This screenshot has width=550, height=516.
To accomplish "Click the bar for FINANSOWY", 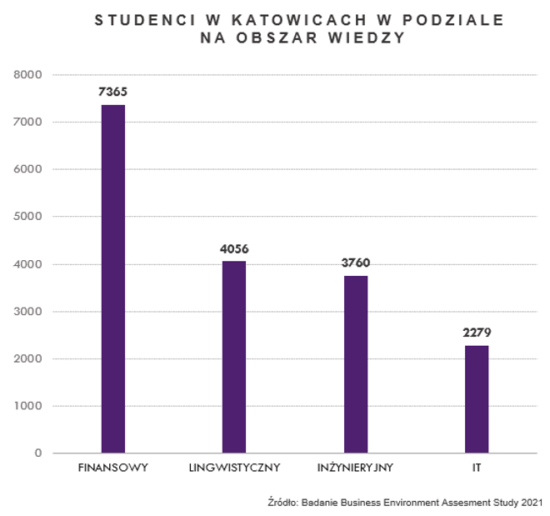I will (113, 279).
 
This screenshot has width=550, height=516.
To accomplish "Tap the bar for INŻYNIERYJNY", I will (356, 364).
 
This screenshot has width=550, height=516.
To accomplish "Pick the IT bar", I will (477, 399).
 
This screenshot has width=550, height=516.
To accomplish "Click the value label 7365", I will (113, 92).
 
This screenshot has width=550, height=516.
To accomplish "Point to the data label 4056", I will (234, 248).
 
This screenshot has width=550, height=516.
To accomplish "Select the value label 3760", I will (356, 263).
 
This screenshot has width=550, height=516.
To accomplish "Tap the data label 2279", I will (477, 333).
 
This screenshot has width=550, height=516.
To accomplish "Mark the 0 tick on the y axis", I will (38, 453).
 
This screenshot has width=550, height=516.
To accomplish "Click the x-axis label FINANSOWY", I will (113, 468).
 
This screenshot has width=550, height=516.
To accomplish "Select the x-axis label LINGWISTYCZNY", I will (234, 468).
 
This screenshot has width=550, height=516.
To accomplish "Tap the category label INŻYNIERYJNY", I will (356, 468).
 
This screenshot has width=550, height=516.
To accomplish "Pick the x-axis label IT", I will (477, 468).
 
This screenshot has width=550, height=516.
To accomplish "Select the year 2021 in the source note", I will (531, 503).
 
